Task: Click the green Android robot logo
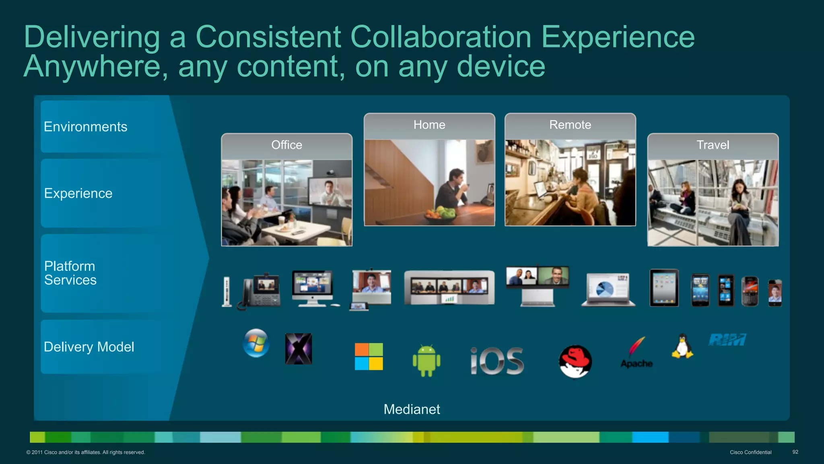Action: click(x=426, y=360)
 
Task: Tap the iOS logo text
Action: click(x=497, y=361)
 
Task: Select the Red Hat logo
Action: click(x=575, y=361)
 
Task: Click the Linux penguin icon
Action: click(x=682, y=346)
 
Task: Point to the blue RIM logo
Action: click(x=727, y=340)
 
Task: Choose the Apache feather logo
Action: click(x=637, y=352)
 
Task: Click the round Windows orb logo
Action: click(x=256, y=343)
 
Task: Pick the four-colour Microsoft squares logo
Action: click(x=369, y=357)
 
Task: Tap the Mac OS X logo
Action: click(x=299, y=349)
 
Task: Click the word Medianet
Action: click(x=412, y=409)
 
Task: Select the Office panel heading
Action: click(x=286, y=145)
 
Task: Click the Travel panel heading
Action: click(x=713, y=145)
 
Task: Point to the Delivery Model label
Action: click(x=89, y=347)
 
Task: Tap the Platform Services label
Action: click(x=70, y=273)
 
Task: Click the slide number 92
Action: click(x=795, y=452)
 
